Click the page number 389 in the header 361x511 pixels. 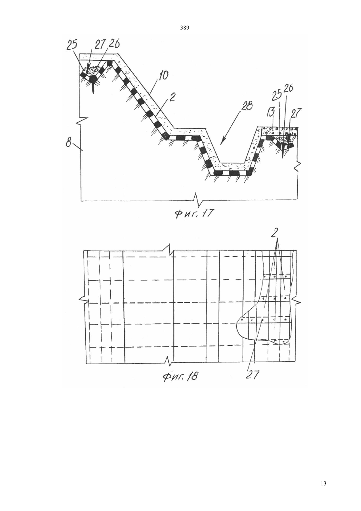coord(185,28)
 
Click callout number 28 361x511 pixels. coord(247,106)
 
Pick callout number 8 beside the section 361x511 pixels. coord(69,144)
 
